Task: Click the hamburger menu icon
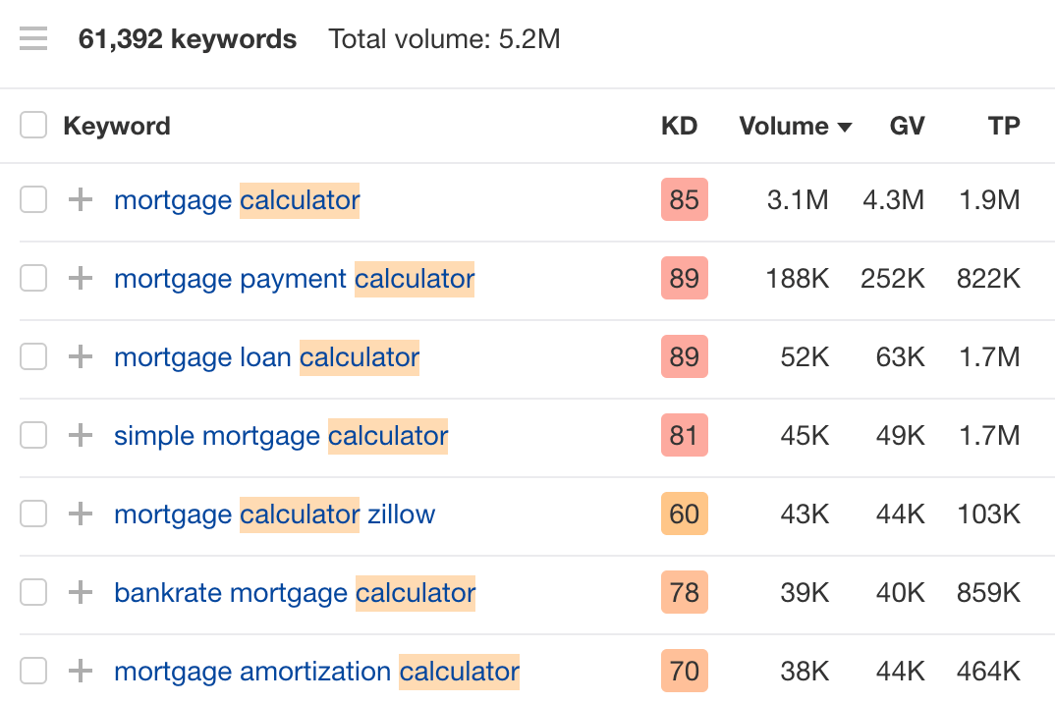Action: [x=33, y=39]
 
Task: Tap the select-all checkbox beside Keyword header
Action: [x=33, y=126]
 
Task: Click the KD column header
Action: [x=679, y=126]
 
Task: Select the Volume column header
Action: [x=784, y=126]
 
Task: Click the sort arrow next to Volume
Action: [x=844, y=127]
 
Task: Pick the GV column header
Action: [x=907, y=126]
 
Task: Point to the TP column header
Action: [x=1004, y=126]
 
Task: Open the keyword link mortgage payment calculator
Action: [x=294, y=279]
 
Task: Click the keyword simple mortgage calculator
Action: [x=281, y=436]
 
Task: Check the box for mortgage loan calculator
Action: [x=33, y=357]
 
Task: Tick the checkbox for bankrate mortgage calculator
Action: [x=33, y=593]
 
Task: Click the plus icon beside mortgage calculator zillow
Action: [x=81, y=514]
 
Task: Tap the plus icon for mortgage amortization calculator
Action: [x=81, y=672]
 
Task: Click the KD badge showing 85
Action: [x=684, y=200]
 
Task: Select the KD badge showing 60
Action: [x=684, y=514]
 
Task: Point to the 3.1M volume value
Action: [x=798, y=200]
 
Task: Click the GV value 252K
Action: [x=893, y=279]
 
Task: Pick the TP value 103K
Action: [x=989, y=514]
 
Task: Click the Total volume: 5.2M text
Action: [x=444, y=39]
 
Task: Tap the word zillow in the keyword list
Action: [x=401, y=514]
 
